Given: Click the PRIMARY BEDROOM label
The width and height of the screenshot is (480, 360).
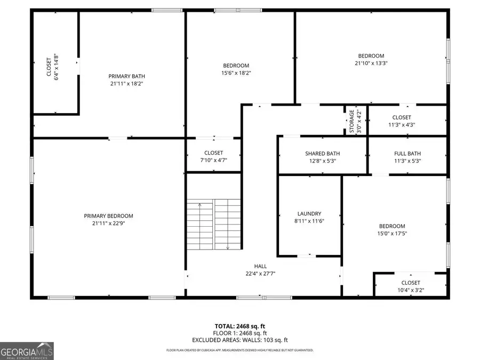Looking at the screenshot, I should coord(108,216).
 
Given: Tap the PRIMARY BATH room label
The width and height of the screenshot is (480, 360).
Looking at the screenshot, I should coord(126,76).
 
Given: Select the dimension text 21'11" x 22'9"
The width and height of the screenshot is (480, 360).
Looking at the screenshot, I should coord(108,223).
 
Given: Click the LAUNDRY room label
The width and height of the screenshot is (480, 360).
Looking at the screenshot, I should coord(309,214).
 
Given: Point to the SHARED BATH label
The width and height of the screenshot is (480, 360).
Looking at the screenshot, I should coord(322,154).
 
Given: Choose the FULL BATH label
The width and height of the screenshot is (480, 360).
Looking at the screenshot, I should coord(407,154).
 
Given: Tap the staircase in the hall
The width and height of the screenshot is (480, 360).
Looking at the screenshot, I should coord(213,224).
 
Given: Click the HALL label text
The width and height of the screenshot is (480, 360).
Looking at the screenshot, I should coord(260,266).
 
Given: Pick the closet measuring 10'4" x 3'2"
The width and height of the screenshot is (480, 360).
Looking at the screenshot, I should coord(410,286).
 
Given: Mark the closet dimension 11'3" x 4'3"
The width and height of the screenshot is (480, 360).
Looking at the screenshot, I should coord(402,125).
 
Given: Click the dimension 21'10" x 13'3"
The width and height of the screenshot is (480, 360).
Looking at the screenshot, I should coord(371,63).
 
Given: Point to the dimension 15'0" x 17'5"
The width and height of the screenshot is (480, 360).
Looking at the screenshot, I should coord(392,233).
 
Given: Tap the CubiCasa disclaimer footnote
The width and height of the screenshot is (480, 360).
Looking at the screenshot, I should coord(239,350).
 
